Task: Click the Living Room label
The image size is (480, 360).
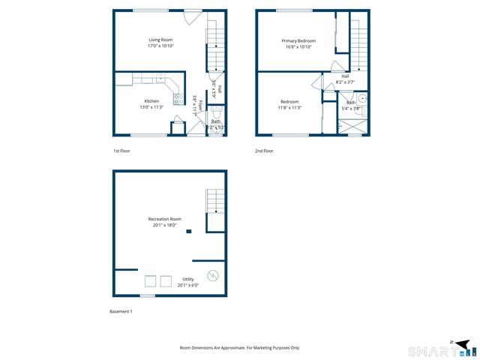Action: (x=160, y=39)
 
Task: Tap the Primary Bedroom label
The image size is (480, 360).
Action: (x=298, y=40)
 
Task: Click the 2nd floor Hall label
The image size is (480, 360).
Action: (x=345, y=76)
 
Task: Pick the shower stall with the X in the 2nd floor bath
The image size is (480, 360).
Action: (x=354, y=127)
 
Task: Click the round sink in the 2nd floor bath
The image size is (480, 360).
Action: (x=362, y=97)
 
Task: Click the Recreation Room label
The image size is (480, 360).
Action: (x=164, y=219)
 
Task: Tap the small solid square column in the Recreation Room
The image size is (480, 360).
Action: (x=189, y=232)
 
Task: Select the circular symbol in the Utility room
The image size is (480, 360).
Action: (x=213, y=275)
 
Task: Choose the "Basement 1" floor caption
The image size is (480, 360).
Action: (x=121, y=311)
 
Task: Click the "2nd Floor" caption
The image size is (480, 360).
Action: (x=263, y=151)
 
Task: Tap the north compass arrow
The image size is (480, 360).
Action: (x=452, y=343)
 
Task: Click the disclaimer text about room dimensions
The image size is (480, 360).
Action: (x=240, y=348)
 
